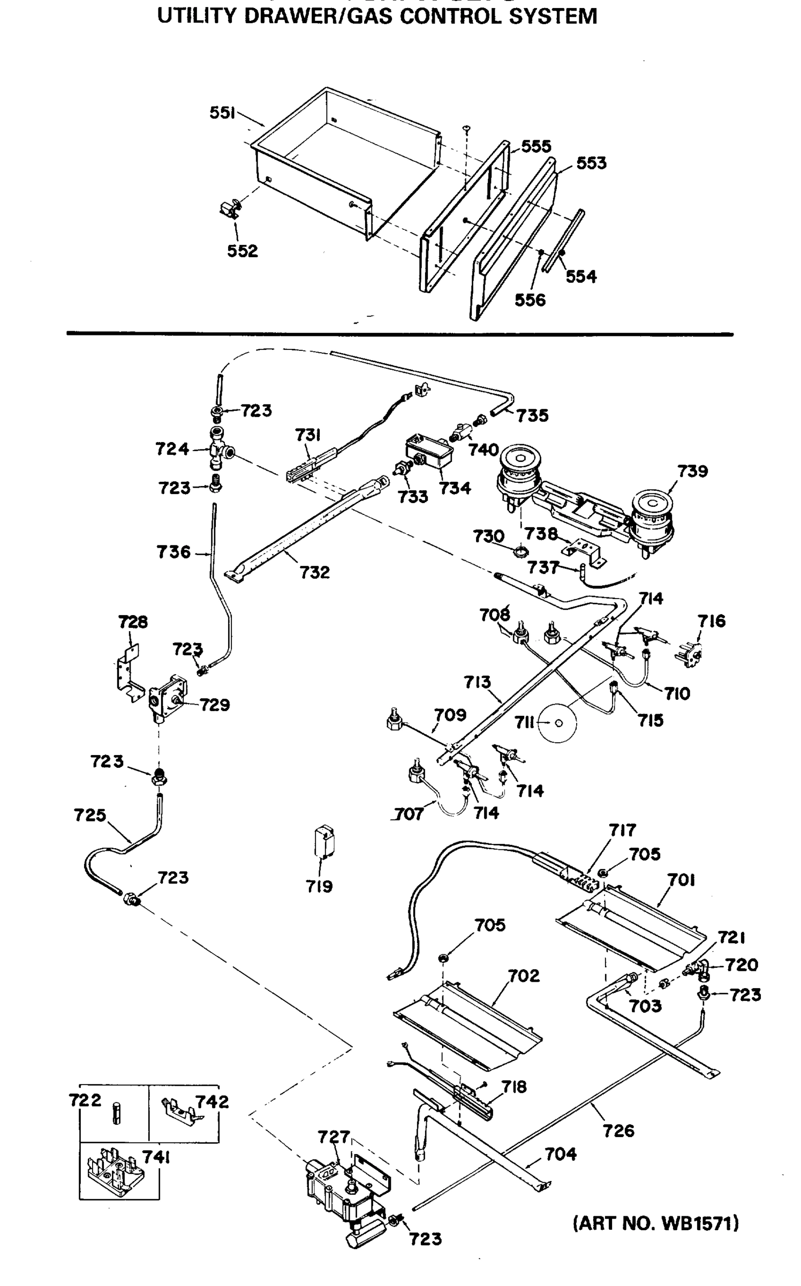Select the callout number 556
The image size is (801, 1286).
pos(530,300)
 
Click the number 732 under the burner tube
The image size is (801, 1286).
pos(314,572)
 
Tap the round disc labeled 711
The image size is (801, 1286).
pos(558,723)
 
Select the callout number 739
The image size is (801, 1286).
pos(692,471)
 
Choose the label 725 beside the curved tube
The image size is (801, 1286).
pos(90,816)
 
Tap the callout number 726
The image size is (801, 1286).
pos(618,1131)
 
